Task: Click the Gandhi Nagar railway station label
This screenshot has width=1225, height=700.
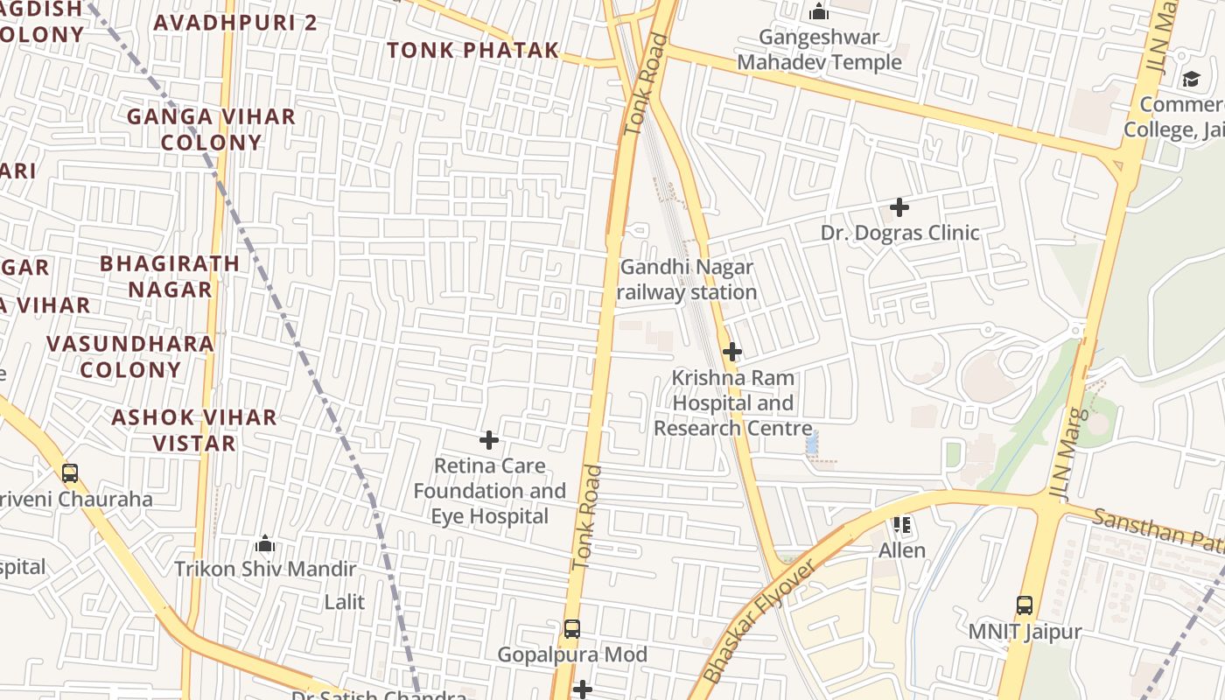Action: coord(687,280)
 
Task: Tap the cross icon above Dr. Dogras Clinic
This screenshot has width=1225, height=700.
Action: coord(899,207)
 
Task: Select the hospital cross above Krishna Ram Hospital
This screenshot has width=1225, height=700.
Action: coord(732,352)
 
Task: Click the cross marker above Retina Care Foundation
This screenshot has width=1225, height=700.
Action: coord(489,439)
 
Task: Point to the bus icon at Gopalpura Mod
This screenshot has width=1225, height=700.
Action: coord(571,628)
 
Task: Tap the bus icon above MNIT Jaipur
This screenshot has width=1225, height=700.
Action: coord(1024,605)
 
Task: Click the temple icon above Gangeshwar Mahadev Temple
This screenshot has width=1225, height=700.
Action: coord(819,11)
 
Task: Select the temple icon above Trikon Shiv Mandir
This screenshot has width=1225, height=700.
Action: coord(265,543)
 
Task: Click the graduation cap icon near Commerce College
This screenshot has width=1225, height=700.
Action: coord(1191,80)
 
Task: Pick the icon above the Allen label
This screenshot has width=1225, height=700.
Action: coord(902,525)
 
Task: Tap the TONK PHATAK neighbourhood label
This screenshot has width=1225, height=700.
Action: coord(472,51)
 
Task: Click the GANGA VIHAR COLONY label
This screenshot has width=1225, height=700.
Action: coord(212,129)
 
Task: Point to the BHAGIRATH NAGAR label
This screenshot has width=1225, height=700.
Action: coord(170,276)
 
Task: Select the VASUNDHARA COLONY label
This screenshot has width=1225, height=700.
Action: coord(130,356)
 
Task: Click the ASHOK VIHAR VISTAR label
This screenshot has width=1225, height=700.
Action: coord(193,430)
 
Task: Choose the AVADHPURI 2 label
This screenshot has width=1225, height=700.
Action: coord(235,23)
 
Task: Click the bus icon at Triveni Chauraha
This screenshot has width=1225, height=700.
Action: coord(69,473)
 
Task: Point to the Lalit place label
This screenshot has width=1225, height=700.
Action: coord(344,602)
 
